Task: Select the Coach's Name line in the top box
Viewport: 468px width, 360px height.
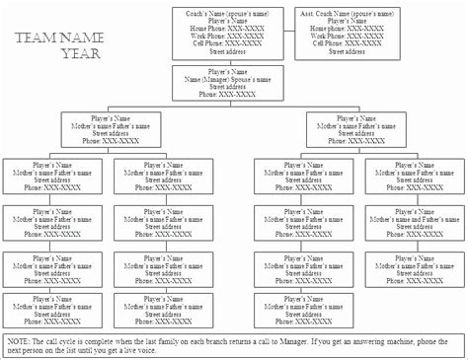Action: [230, 13]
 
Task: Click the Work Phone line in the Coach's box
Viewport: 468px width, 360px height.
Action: [230, 36]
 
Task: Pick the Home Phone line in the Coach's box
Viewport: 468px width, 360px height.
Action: [230, 29]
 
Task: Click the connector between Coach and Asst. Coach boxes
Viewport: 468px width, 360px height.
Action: [290, 30]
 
